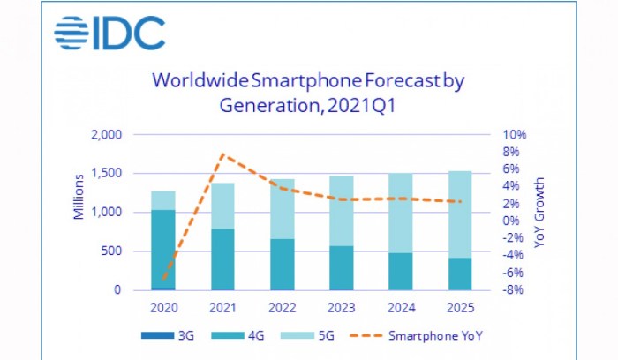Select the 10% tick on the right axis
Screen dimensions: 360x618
pos(515,135)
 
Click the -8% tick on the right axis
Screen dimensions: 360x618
pos(515,290)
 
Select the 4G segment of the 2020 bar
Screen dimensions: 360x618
pos(162,248)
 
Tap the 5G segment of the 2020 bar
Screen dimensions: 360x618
pos(162,199)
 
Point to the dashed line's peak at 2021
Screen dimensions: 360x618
pos(222,154)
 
